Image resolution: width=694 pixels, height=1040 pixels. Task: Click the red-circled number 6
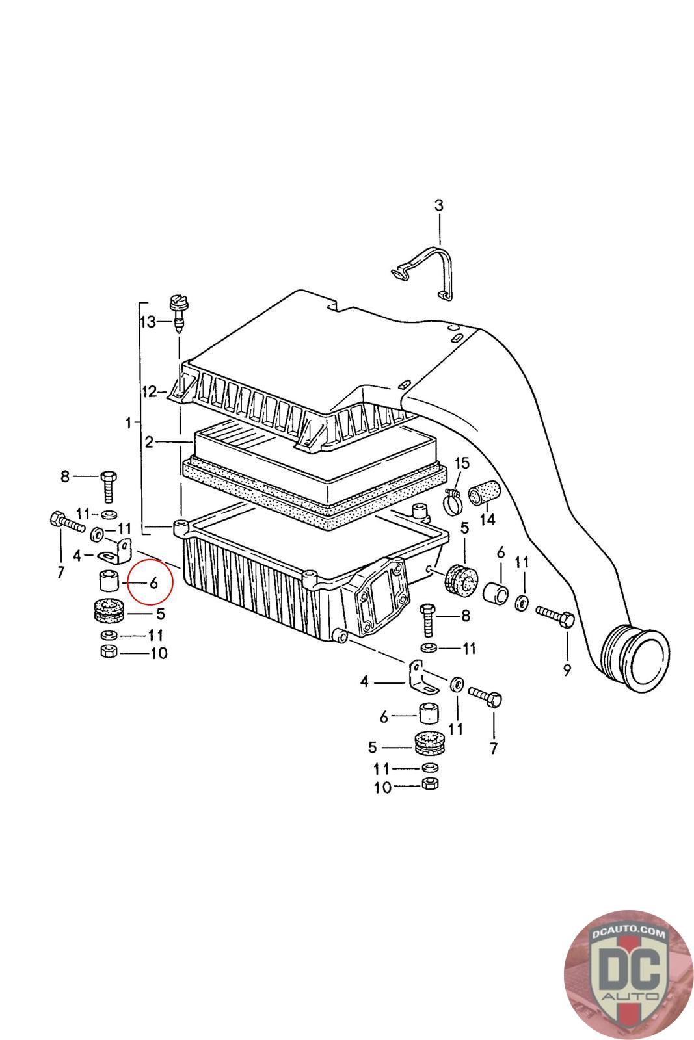154,583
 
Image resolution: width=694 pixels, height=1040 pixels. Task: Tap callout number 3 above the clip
439,205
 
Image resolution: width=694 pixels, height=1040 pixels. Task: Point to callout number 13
148,322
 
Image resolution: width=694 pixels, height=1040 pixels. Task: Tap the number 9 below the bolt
567,669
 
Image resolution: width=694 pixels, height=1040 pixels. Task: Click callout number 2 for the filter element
149,443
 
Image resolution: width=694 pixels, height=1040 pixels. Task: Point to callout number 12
150,391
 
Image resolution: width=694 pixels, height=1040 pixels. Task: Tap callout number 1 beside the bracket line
129,422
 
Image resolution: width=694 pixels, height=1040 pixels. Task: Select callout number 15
461,463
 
